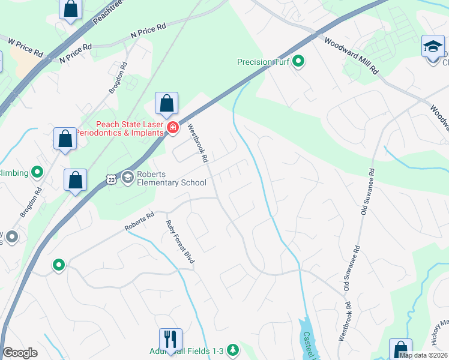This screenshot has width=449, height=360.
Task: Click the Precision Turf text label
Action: [x=263, y=62]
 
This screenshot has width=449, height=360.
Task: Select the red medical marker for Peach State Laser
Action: [x=173, y=127]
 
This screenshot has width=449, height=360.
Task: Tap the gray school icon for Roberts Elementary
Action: [x=127, y=177]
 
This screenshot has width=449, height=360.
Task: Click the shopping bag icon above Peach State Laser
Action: [x=166, y=103]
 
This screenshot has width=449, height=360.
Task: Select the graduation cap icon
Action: [x=432, y=46]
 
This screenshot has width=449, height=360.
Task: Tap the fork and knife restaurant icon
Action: [x=170, y=339]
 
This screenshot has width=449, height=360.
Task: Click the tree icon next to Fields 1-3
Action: [x=232, y=350]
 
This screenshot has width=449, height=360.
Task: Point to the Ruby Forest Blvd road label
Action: [x=181, y=241]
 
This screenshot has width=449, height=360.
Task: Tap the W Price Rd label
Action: [x=26, y=48]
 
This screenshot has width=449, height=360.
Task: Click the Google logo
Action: [x=20, y=353]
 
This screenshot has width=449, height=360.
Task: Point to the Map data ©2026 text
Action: [x=423, y=355]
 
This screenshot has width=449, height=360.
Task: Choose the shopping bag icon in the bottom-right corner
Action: [x=400, y=350]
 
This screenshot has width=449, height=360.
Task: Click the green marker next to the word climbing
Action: [x=38, y=173]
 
